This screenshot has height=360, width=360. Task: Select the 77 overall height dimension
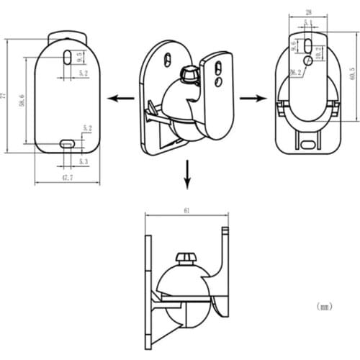click(4, 94)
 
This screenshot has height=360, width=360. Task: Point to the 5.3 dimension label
click(83, 163)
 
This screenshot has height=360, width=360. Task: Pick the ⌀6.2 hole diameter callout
click(295, 73)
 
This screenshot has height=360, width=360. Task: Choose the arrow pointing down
click(186, 176)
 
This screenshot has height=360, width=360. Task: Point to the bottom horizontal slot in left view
click(67, 144)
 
